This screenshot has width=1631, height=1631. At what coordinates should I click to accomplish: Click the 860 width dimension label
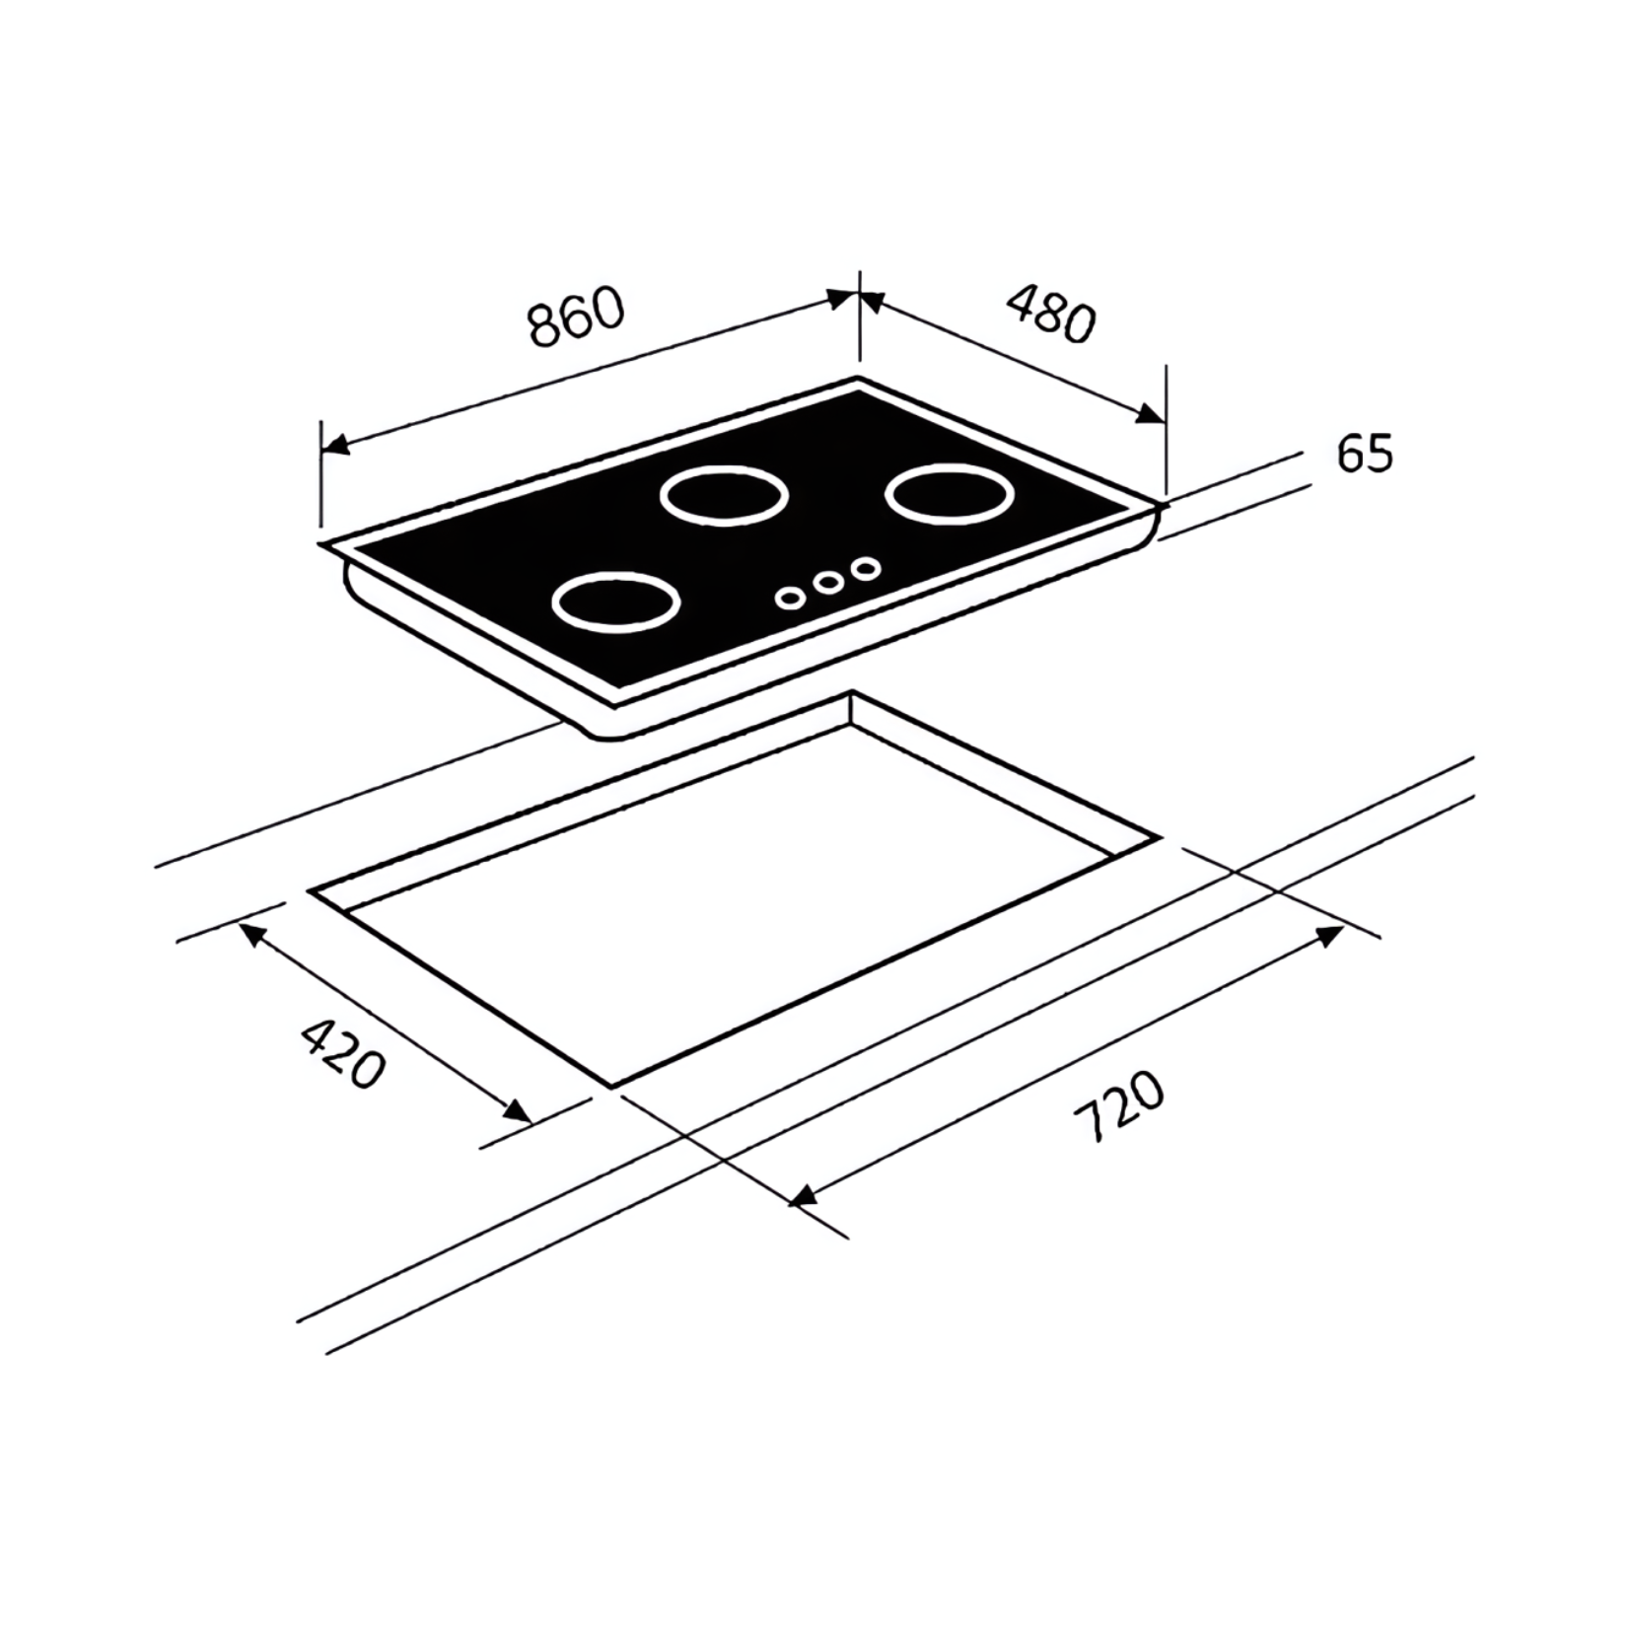[x=577, y=317]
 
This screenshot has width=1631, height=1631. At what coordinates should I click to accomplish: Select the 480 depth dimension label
[x=1051, y=313]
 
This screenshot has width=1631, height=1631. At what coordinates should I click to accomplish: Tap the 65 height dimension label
[x=1365, y=453]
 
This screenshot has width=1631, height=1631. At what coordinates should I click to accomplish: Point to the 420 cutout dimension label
[x=341, y=1054]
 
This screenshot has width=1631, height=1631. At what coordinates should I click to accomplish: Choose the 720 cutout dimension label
[x=1118, y=1107]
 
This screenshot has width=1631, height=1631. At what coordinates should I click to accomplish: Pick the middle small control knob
[x=828, y=582]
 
